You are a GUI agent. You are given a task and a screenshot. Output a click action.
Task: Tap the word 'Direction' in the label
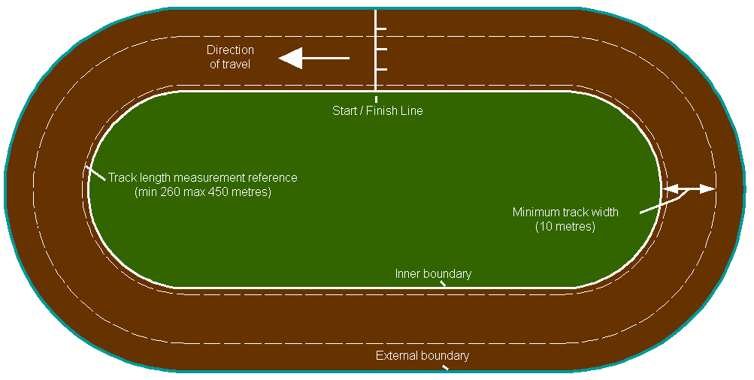point(230,50)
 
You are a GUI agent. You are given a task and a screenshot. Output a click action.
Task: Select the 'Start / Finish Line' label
point(377,111)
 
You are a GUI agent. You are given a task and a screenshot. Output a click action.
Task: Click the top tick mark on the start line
point(381,29)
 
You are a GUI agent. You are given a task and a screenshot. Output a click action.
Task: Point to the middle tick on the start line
point(381,50)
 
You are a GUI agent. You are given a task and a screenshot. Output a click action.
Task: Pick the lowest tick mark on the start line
point(381,70)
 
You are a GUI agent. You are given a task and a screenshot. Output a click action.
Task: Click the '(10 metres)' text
point(565,226)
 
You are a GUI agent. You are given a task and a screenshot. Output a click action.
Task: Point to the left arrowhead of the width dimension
point(670,188)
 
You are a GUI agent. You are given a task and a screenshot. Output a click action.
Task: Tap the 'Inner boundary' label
point(433,274)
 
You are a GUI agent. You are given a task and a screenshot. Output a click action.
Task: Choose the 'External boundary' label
point(422,356)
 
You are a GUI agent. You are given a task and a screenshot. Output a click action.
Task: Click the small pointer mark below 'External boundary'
point(445,367)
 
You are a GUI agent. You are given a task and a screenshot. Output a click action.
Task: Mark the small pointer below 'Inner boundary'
point(443,284)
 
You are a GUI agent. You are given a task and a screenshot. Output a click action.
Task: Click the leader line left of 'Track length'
point(95,173)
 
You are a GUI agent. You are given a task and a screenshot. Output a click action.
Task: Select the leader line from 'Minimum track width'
point(662,203)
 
